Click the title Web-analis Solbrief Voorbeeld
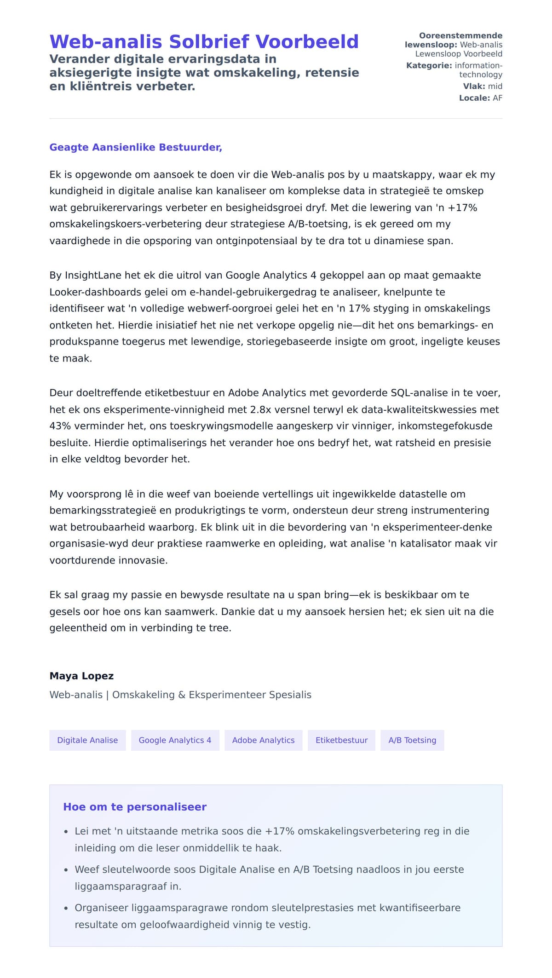click(x=204, y=42)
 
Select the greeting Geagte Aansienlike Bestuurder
click(x=136, y=147)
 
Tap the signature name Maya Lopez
click(x=81, y=676)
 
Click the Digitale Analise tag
click(x=87, y=740)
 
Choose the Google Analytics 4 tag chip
click(x=175, y=740)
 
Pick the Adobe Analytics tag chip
click(x=263, y=740)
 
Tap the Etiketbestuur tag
click(x=341, y=740)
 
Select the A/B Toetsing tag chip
click(x=412, y=740)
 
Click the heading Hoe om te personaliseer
click(x=135, y=807)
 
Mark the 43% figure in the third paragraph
click(x=59, y=426)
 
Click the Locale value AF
click(x=497, y=98)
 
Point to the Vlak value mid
click(x=495, y=86)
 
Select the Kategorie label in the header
click(x=429, y=66)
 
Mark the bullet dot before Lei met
click(x=66, y=832)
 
